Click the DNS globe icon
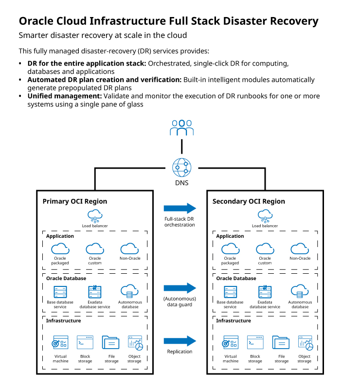click(x=181, y=168)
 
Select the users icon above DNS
click(x=181, y=127)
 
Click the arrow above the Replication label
click(x=180, y=341)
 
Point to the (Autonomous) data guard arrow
click(x=180, y=288)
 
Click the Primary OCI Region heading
click(x=75, y=201)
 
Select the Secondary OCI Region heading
click(x=249, y=201)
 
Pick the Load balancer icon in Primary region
click(x=95, y=215)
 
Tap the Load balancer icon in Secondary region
click(x=265, y=215)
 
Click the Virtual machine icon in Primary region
click(x=61, y=343)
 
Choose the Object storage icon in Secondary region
click(x=305, y=343)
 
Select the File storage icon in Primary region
click(x=111, y=342)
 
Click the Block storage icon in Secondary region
click(x=255, y=342)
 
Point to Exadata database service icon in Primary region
click(x=95, y=291)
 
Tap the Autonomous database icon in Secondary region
click(x=300, y=291)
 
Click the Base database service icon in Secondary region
click(x=230, y=292)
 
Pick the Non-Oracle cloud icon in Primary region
click(x=130, y=248)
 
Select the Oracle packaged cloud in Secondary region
click(x=230, y=248)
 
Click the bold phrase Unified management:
click(x=64, y=96)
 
